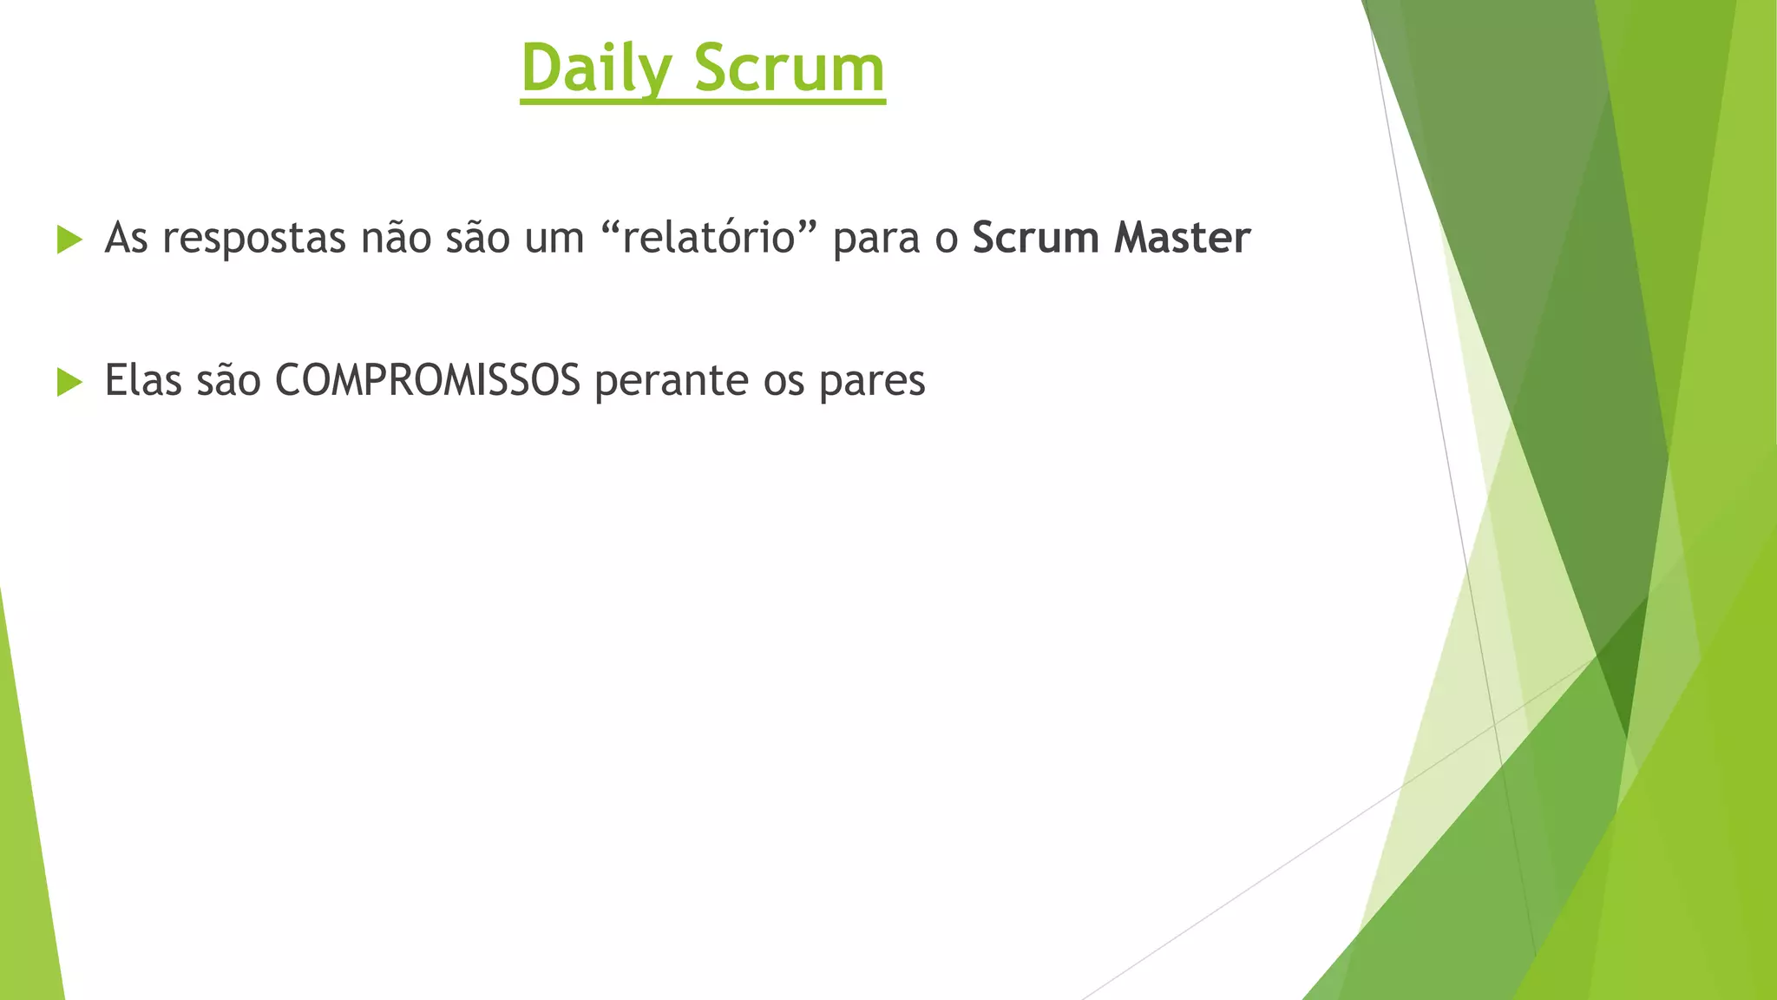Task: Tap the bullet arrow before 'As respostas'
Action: [69, 239]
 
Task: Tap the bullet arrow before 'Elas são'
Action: [69, 381]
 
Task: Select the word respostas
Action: [254, 239]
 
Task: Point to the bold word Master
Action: [1182, 239]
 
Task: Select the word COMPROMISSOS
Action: [428, 381]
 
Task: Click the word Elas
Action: [143, 381]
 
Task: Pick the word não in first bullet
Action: [396, 239]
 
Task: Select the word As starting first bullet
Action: [126, 239]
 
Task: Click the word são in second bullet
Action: [228, 381]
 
